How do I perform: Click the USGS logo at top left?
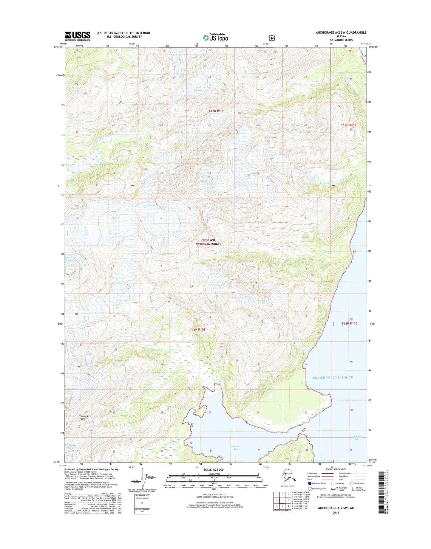pyautogui.click(x=78, y=36)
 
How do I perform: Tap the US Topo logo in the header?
pyautogui.click(x=215, y=37)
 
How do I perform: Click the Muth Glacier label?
pyautogui.click(x=199, y=89)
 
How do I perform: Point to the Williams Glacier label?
pyautogui.click(x=72, y=259)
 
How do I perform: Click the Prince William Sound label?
pyautogui.click(x=333, y=378)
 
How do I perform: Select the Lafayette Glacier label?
pyautogui.click(x=71, y=447)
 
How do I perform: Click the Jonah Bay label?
pyautogui.click(x=236, y=447)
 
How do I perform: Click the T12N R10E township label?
pyautogui.click(x=216, y=111)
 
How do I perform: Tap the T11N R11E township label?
pyautogui.click(x=349, y=323)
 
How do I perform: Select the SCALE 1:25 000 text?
pyautogui.click(x=214, y=470)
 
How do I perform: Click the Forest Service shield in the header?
pyautogui.click(x=271, y=38)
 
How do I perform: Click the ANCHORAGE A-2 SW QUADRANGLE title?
pyautogui.click(x=341, y=32)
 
